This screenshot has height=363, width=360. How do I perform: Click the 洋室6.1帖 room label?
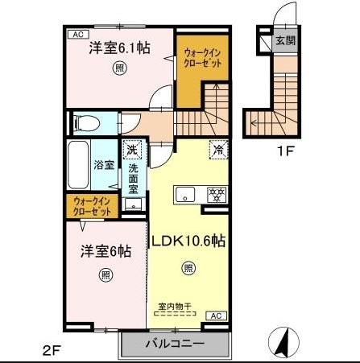click(120, 47)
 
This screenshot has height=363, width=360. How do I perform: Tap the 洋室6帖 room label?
click(106, 250)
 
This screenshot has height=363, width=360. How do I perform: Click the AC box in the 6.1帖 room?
click(78, 34)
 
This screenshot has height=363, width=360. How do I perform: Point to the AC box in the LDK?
click(216, 316)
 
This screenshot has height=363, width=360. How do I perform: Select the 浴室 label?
click(104, 165)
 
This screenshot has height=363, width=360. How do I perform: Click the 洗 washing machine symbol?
click(132, 150)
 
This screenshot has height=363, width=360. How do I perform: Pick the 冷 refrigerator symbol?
click(217, 149)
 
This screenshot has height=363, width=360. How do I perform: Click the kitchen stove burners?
click(216, 193)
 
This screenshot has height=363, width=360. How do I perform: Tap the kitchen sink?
click(184, 194)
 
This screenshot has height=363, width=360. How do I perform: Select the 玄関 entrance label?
click(285, 39)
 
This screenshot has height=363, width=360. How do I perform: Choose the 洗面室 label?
click(134, 179)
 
